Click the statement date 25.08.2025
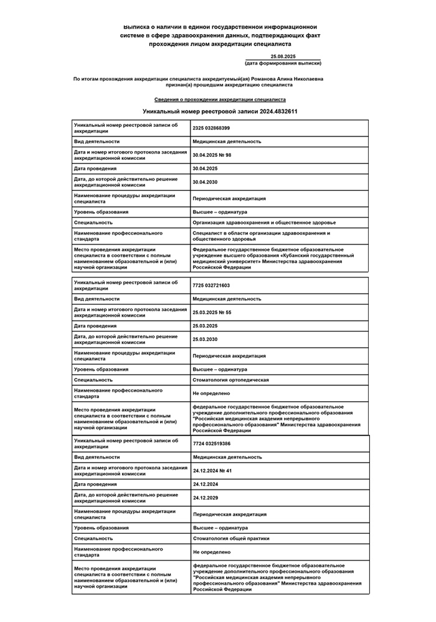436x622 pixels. (x=283, y=57)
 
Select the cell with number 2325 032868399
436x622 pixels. (x=211, y=128)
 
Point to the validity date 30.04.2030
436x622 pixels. (x=205, y=182)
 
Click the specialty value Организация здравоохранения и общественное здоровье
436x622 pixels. (x=264, y=222)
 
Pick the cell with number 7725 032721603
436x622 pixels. (x=211, y=285)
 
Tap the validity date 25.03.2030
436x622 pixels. (x=205, y=340)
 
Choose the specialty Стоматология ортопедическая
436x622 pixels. (x=230, y=379)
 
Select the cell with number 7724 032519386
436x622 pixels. (x=211, y=443)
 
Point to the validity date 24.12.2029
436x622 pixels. (x=205, y=498)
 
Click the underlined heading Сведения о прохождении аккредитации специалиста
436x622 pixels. (x=220, y=100)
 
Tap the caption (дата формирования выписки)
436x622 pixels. (x=283, y=63)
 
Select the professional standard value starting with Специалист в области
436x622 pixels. (x=261, y=236)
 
